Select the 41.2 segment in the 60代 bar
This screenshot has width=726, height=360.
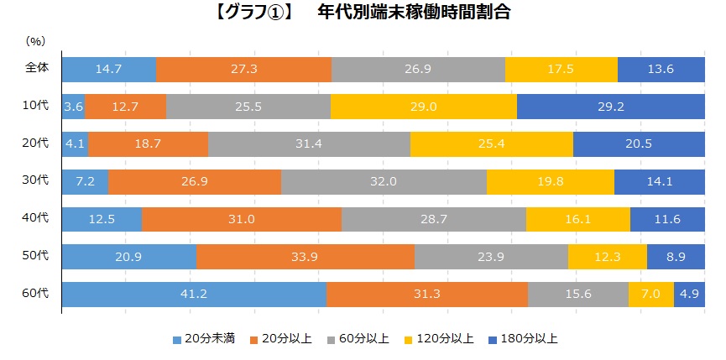click(194, 295)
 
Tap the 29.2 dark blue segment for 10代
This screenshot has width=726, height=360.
click(610, 107)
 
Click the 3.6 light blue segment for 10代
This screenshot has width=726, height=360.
click(73, 107)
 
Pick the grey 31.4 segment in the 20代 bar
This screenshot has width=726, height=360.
click(309, 144)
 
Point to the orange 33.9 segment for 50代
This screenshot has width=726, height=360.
click(305, 257)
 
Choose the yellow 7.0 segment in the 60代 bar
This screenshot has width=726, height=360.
click(650, 295)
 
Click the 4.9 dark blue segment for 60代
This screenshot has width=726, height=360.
click(689, 295)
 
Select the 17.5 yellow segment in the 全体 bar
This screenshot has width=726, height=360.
click(561, 69)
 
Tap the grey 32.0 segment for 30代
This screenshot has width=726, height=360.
click(384, 182)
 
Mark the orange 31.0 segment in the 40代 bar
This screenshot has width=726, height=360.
click(241, 219)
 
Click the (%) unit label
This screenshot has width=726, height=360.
click(35, 40)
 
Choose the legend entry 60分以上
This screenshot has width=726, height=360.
click(361, 339)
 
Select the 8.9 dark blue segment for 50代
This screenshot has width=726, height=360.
click(675, 257)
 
